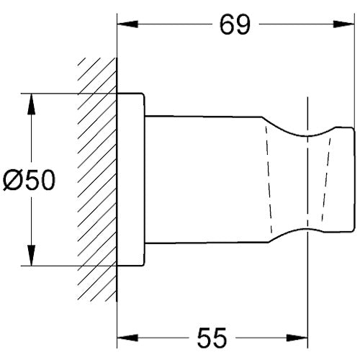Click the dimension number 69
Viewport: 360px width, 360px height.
235,24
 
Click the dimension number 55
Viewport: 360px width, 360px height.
212,338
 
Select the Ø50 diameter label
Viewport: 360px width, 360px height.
29,180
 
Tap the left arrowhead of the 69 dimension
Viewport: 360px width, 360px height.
127,24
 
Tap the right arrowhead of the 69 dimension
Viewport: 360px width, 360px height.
344,24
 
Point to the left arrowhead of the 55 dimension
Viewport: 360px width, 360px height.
127,338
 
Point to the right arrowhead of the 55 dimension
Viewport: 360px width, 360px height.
297,338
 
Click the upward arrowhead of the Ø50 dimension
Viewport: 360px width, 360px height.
32,104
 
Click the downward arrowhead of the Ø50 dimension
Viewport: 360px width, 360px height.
32,256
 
